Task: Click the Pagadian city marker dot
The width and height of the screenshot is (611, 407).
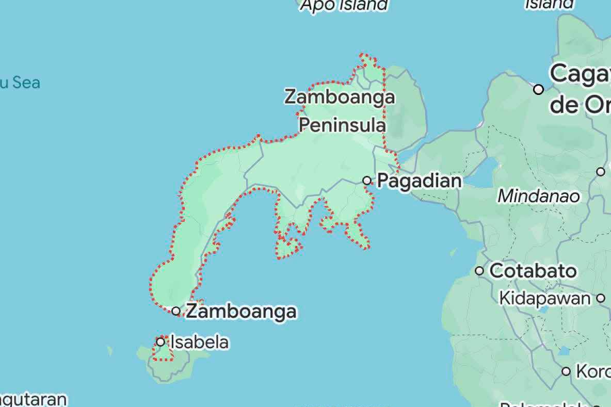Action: pos(367,181)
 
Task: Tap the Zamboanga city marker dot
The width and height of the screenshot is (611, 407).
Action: pos(176,311)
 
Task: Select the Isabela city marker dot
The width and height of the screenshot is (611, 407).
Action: pos(160,341)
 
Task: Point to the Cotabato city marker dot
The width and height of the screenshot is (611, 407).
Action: pos(479,270)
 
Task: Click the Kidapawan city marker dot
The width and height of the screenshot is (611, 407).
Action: pos(601,298)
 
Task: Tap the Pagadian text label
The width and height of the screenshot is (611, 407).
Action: pos(420,181)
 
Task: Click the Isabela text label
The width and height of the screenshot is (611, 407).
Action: pos(199,342)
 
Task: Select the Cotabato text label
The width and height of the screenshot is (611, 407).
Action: pos(533,271)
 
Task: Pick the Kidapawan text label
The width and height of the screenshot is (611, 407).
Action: pos(544,298)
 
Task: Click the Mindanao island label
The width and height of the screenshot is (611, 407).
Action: pos(538,196)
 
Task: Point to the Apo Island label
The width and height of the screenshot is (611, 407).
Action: pos(344,5)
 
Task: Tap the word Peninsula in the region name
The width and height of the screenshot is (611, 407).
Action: pos(342,125)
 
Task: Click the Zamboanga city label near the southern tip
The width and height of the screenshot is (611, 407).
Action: pos(241,311)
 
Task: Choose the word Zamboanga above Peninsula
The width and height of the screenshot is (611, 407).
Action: pos(340,97)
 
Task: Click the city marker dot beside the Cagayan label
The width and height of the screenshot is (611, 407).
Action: pos(539,89)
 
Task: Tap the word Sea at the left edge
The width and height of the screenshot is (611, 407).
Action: pos(26,83)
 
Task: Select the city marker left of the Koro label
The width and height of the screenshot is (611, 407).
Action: pos(566,371)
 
